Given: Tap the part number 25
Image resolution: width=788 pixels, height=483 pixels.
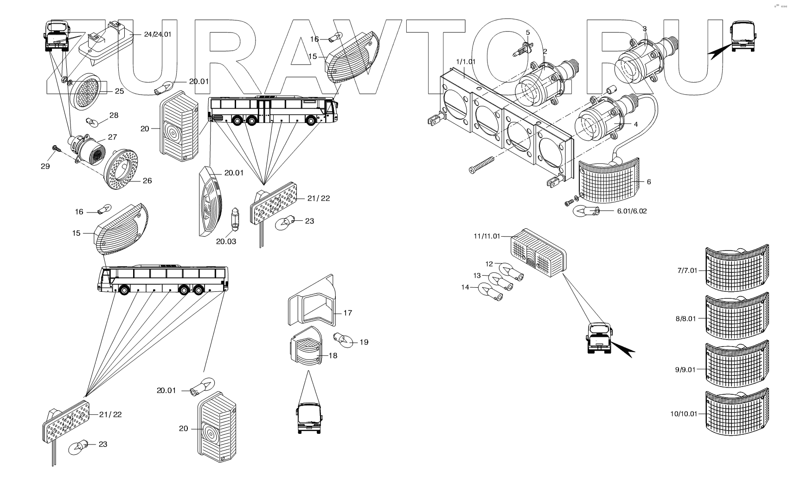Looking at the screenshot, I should point(119,91).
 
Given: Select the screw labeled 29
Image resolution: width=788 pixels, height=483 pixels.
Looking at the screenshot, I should point(56,148).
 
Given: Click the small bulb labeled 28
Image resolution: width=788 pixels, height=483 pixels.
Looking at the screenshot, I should point(91,122).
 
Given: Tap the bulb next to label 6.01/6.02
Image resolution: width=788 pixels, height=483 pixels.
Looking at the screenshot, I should point(587,212).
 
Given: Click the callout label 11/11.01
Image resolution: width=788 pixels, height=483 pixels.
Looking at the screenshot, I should point(487,236).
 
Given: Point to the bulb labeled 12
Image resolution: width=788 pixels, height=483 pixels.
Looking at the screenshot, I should point(511,270).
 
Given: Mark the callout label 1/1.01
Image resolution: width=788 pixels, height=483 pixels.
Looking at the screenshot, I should point(466,61).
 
